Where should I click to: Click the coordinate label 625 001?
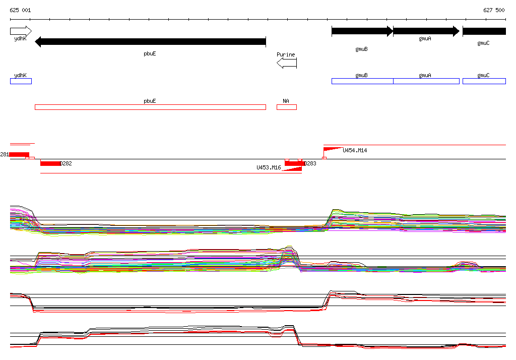pyautogui.click(x=20, y=10)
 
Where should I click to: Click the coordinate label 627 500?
pyautogui.click(x=494, y=10)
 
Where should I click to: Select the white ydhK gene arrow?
pyautogui.click(x=21, y=31)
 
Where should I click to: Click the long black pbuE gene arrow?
pyautogui.click(x=150, y=42)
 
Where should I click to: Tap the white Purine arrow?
pyautogui.click(x=287, y=63)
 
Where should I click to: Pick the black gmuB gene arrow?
pyautogui.click(x=362, y=31)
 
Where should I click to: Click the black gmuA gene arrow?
pyautogui.click(x=426, y=31)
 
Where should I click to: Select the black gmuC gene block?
pyautogui.click(x=484, y=31)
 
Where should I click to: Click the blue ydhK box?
pyautogui.click(x=21, y=81)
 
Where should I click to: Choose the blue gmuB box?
pyautogui.click(x=362, y=81)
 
